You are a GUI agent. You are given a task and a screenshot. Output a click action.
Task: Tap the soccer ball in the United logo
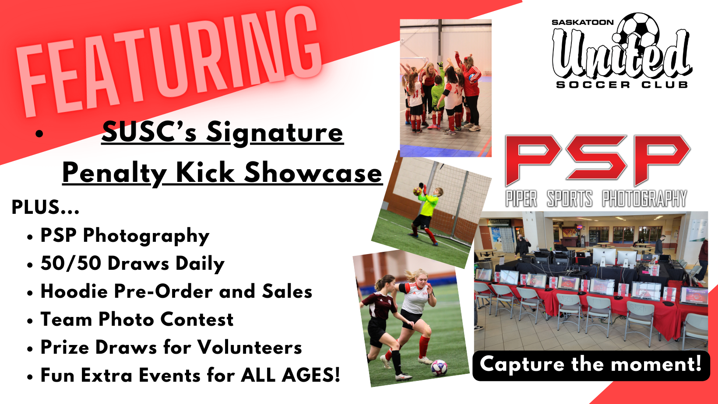click(x=638, y=29)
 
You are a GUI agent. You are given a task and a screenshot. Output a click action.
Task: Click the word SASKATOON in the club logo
click(x=582, y=22)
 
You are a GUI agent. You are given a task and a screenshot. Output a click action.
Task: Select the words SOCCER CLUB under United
click(x=622, y=85)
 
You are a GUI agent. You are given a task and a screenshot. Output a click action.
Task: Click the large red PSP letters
click(x=598, y=160)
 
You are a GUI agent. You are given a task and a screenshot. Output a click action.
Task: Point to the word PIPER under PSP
click(x=521, y=199)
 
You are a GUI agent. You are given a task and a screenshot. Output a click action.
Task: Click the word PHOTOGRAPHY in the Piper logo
click(x=644, y=199)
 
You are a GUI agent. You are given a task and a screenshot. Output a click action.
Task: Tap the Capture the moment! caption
click(x=591, y=364)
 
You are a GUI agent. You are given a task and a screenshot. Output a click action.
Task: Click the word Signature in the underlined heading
click(x=275, y=132)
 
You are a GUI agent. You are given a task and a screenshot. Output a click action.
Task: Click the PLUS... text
click(x=45, y=207)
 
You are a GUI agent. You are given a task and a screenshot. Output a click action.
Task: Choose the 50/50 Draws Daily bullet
click(x=132, y=264)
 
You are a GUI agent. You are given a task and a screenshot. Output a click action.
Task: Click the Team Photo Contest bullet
click(x=137, y=320)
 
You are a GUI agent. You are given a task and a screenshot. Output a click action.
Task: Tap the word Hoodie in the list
click(x=74, y=291)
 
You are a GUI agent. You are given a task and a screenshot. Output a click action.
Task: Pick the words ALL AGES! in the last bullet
click(x=290, y=375)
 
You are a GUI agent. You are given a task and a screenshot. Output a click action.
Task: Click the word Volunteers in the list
click(x=250, y=347)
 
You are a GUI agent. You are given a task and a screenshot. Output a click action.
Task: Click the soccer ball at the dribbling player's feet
click(x=439, y=368)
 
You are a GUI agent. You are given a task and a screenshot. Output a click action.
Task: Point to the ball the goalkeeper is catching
click(x=417, y=191)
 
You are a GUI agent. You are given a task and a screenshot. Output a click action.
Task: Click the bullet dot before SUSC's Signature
click(x=39, y=134)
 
